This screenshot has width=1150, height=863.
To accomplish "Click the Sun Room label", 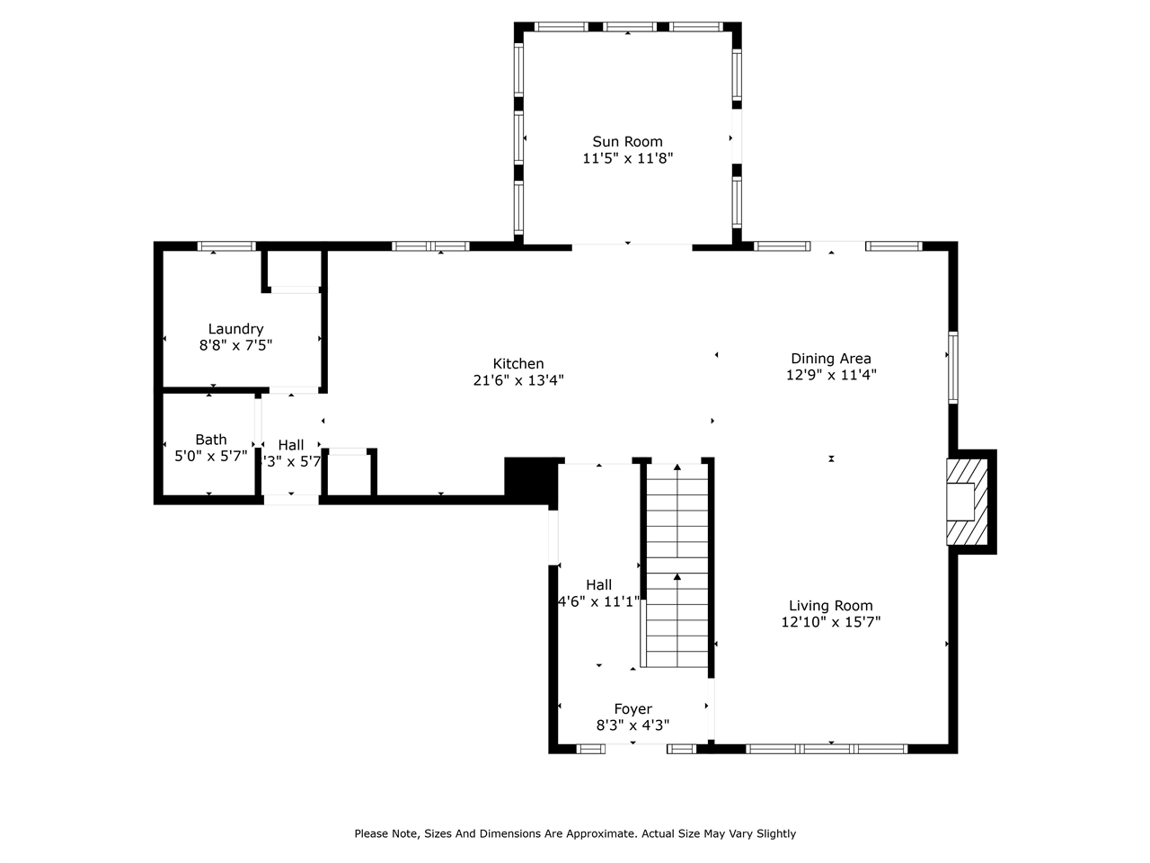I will (627, 141).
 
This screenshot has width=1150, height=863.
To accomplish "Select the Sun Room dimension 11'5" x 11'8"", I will (627, 158).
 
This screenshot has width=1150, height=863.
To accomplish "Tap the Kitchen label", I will (518, 363).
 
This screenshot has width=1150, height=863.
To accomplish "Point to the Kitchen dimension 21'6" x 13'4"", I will (518, 380).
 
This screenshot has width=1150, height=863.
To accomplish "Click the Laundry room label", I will (235, 329).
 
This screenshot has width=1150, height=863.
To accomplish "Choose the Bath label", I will (211, 440).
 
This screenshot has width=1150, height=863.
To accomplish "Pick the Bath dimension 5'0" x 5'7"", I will (211, 456).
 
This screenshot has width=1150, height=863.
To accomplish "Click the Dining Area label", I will (830, 359).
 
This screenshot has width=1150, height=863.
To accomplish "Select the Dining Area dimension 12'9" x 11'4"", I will (830, 375).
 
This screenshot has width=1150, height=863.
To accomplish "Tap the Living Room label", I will (830, 606).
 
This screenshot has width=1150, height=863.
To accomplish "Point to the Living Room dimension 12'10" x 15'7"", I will (830, 622).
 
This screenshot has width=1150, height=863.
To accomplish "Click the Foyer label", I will (632, 709).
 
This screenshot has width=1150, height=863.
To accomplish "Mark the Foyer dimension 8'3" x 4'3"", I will (632, 725).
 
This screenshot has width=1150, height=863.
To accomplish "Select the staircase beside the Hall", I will (677, 566).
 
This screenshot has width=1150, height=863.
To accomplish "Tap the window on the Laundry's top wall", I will (226, 245).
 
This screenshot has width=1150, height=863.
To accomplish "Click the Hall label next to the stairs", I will (598, 585).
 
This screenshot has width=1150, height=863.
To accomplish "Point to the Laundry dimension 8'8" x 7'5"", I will (235, 345).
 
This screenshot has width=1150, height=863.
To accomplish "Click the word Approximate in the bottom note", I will (592, 833).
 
